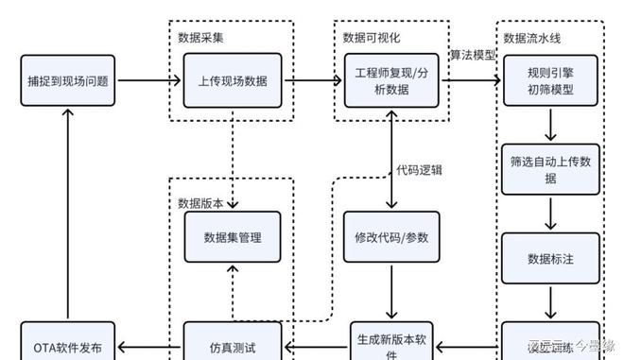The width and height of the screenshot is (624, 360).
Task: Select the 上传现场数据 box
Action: [x=232, y=80]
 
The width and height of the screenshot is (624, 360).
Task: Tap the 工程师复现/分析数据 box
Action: [x=390, y=80]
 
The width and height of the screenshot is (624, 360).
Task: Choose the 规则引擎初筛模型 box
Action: [x=549, y=80]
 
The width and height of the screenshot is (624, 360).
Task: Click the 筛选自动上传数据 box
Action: [x=549, y=169]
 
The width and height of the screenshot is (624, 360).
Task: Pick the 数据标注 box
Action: [x=549, y=257]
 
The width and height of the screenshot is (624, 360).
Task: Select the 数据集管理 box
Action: [x=232, y=239]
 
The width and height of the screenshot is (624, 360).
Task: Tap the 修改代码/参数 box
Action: [x=390, y=239]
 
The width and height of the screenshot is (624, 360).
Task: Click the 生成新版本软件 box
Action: [x=390, y=342]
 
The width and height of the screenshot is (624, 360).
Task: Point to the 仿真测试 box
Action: [x=232, y=345]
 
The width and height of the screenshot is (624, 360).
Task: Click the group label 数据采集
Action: [x=200, y=38]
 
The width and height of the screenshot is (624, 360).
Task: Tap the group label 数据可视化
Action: [x=371, y=38]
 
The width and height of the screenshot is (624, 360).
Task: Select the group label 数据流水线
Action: [x=532, y=38]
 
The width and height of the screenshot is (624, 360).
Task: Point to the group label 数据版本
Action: [x=200, y=202]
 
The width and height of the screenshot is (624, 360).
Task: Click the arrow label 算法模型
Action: [x=472, y=55]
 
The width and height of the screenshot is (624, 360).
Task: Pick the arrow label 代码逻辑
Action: [x=420, y=170]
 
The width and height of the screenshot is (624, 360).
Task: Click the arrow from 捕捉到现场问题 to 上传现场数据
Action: [x=149, y=80]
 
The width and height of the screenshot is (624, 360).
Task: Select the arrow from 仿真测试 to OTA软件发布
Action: [x=149, y=345]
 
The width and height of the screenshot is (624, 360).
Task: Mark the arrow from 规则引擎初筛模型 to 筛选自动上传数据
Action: [x=549, y=126]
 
